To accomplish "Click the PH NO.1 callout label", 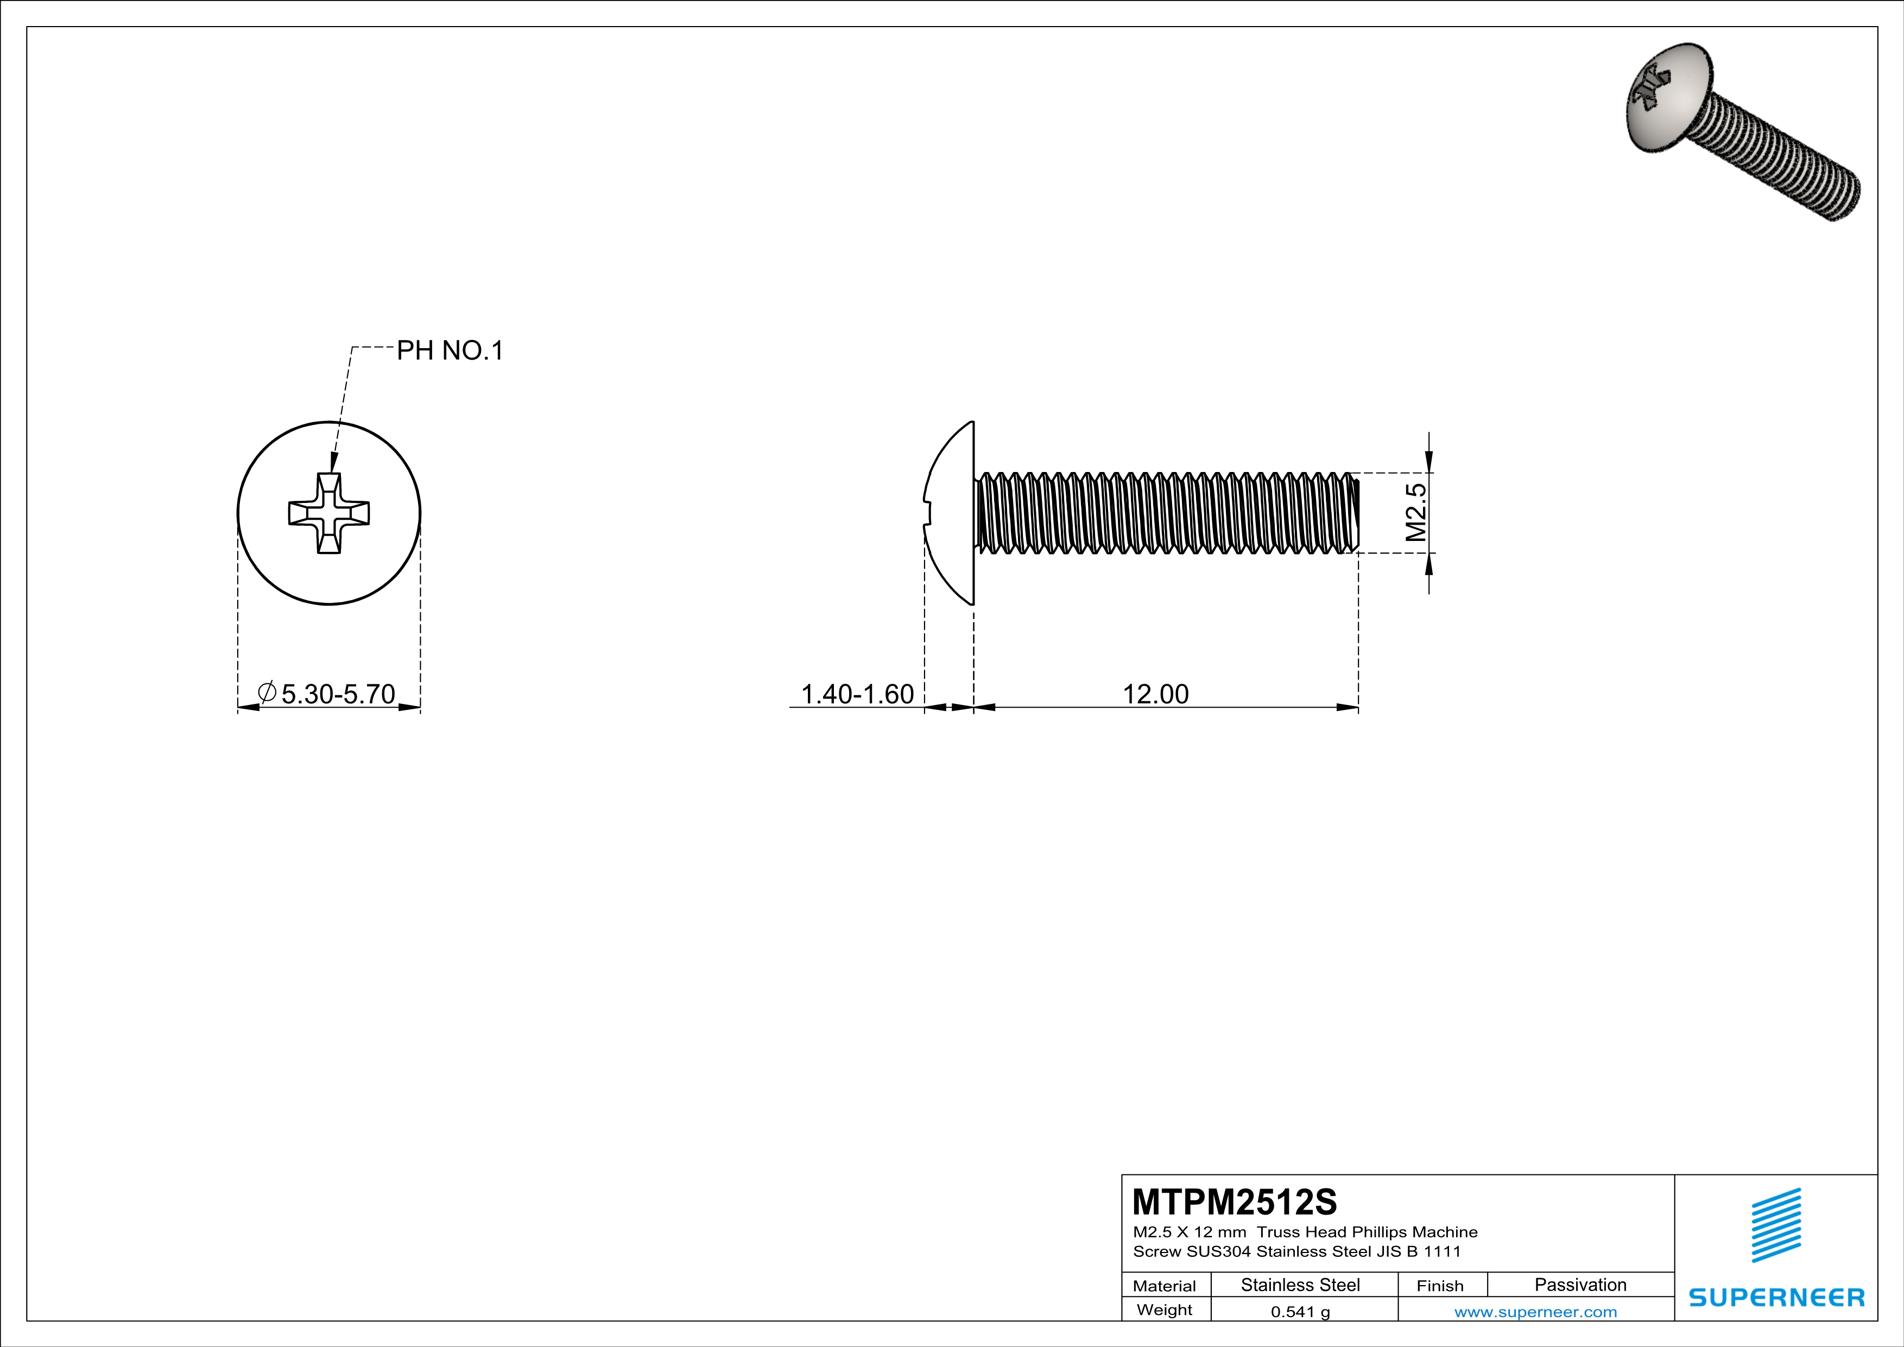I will (450, 351).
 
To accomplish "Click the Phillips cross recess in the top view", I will (329, 513).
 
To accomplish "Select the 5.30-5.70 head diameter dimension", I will (338, 694).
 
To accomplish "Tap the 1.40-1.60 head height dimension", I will (857, 694).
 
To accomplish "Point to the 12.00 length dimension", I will (1155, 694).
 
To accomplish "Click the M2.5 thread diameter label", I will (1416, 513).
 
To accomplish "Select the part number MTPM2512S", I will (1234, 1202).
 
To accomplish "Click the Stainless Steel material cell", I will (1300, 1285).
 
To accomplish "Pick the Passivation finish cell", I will (1580, 1285).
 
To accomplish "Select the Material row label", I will (1165, 1286).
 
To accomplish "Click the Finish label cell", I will (1440, 1286).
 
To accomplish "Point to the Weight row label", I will (1165, 1310).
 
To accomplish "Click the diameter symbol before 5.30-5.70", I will (267, 693).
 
